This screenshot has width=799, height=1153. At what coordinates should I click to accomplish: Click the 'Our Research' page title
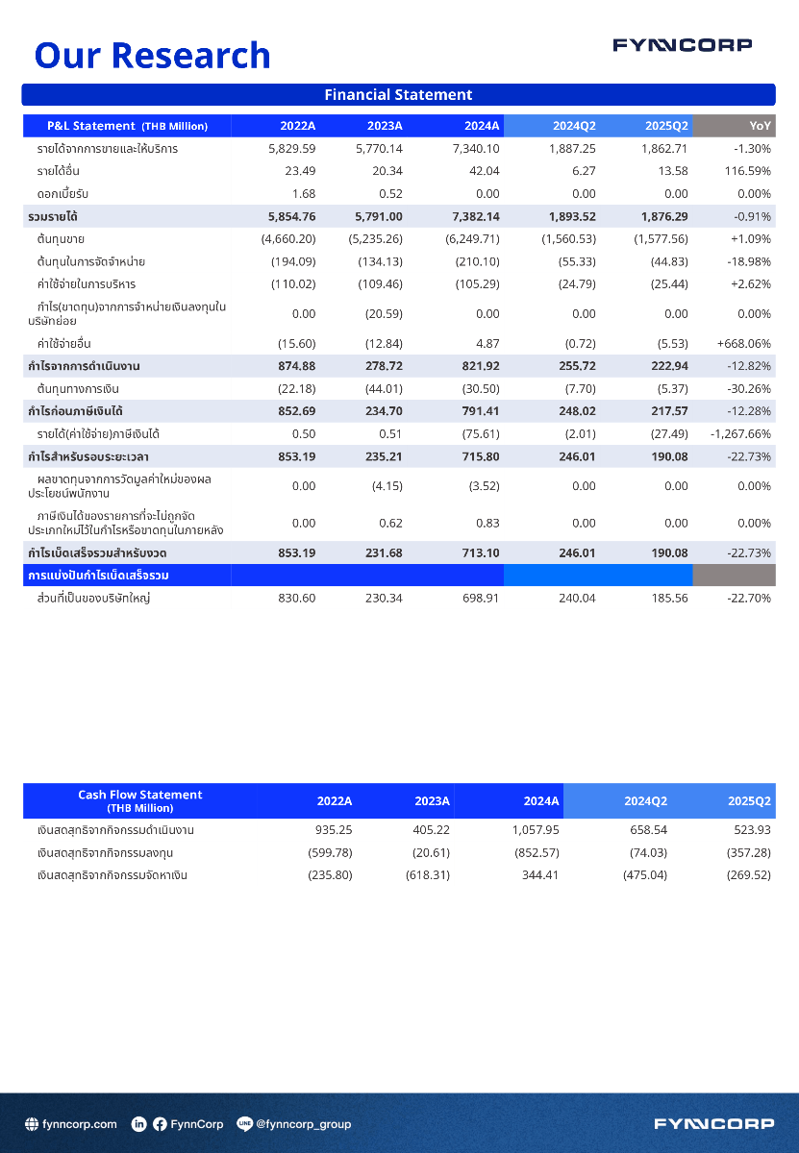tap(152, 55)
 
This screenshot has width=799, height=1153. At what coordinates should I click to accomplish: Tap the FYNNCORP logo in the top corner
tap(683, 45)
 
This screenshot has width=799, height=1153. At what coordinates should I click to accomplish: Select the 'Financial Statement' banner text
tap(398, 95)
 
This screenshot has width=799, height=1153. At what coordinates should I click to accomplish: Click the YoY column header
tap(759, 126)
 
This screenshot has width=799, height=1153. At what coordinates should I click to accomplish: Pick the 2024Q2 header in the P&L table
tap(574, 126)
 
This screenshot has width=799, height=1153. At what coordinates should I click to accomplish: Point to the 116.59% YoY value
tap(747, 172)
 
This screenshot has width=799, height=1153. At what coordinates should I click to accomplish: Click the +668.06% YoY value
tap(743, 343)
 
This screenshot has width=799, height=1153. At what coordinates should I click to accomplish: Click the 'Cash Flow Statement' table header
tap(140, 800)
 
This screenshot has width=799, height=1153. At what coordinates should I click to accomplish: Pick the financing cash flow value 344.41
tap(539, 875)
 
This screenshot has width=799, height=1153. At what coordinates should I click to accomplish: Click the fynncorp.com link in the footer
tap(80, 1124)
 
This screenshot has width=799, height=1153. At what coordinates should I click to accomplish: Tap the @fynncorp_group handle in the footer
tap(303, 1124)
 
